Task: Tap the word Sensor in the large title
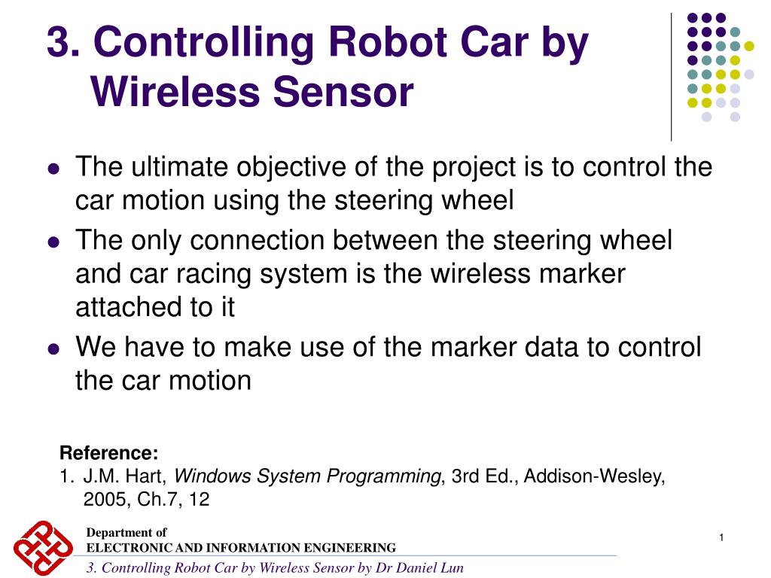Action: point(343,93)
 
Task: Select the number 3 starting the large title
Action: point(58,42)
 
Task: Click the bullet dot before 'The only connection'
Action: point(53,242)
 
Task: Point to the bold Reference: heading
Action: point(108,452)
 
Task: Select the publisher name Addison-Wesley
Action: point(593,476)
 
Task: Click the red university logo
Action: point(43,548)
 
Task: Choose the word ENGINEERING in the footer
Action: point(350,548)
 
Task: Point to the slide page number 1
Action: point(721,537)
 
